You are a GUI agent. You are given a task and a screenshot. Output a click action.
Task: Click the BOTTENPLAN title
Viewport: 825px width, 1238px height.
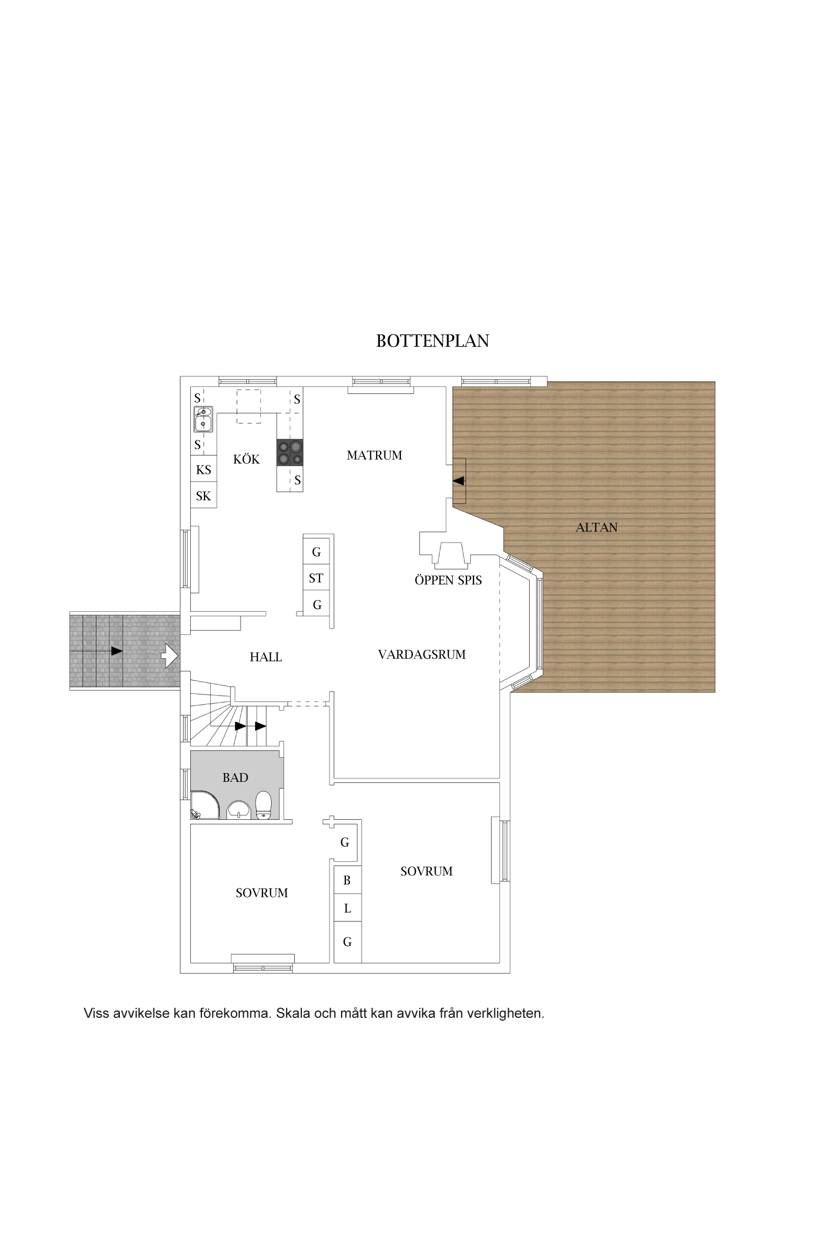(x=432, y=341)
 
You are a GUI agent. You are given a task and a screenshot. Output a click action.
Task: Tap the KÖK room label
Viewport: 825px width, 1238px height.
(x=246, y=459)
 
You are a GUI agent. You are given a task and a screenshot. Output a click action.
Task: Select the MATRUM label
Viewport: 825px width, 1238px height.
(x=375, y=455)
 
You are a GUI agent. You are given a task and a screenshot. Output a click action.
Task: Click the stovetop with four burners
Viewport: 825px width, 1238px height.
(x=290, y=452)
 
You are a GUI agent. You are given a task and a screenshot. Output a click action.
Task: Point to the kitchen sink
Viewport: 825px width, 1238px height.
(x=203, y=419)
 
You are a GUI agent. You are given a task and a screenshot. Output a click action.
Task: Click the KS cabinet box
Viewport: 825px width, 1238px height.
(x=204, y=469)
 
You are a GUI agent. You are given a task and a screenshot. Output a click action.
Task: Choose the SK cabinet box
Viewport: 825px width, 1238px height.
(x=204, y=496)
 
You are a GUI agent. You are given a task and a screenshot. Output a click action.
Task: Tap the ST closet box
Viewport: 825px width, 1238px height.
(x=316, y=578)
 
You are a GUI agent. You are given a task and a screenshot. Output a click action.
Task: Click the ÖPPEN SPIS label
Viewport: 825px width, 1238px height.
(x=448, y=580)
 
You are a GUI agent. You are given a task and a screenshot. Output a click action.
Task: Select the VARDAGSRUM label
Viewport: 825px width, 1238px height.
(x=422, y=654)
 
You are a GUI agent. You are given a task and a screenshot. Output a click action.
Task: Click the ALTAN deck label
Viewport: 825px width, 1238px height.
(x=597, y=527)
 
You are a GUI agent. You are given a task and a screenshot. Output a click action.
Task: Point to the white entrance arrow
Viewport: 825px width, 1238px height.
(x=169, y=656)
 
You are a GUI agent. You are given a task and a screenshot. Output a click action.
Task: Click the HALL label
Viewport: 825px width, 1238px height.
(x=266, y=656)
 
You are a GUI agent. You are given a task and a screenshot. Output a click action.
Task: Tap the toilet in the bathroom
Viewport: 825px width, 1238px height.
(x=264, y=806)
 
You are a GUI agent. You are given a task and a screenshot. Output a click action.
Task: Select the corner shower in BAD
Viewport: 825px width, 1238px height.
(x=205, y=805)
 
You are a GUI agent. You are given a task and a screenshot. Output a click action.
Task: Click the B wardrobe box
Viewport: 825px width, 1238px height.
(x=348, y=880)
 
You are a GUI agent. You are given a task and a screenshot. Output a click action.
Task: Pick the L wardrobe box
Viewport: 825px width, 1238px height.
(x=348, y=908)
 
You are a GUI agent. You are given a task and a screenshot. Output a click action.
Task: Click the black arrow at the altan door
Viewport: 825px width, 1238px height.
(x=458, y=480)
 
